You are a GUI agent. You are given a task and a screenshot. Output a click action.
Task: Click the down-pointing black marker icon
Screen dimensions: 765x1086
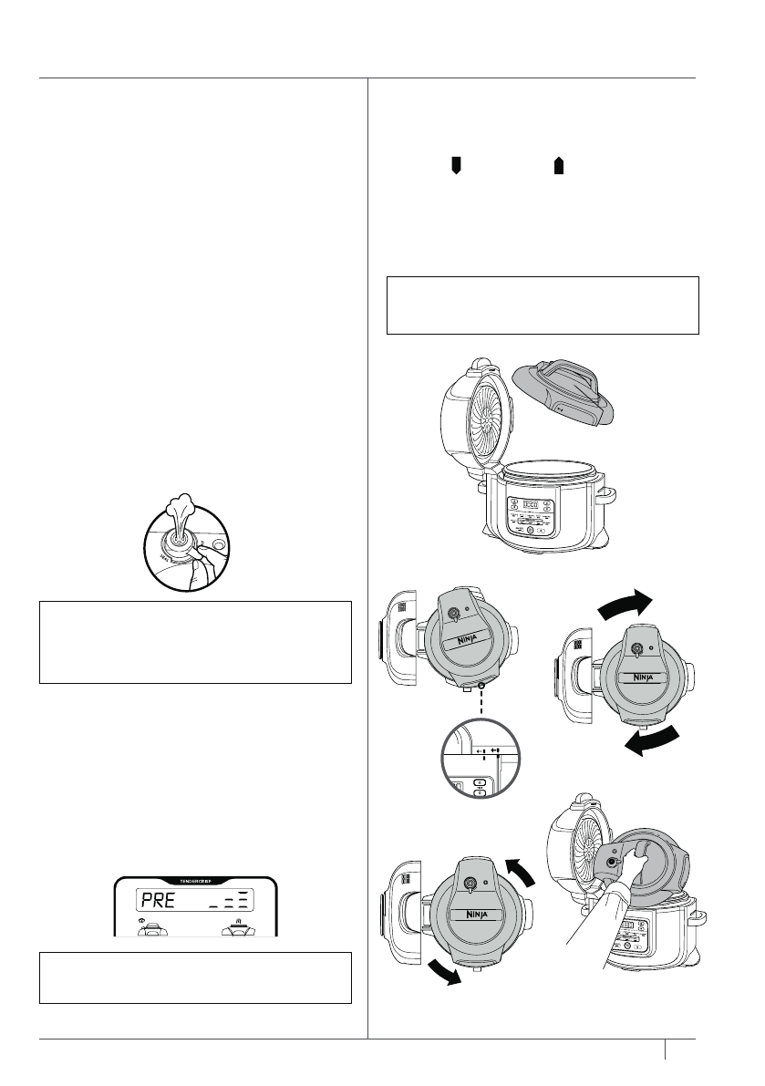[458, 164]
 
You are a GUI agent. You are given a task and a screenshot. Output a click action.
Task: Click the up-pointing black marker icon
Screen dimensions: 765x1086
[560, 164]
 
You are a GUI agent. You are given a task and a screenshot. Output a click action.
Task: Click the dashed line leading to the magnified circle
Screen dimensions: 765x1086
[480, 706]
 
